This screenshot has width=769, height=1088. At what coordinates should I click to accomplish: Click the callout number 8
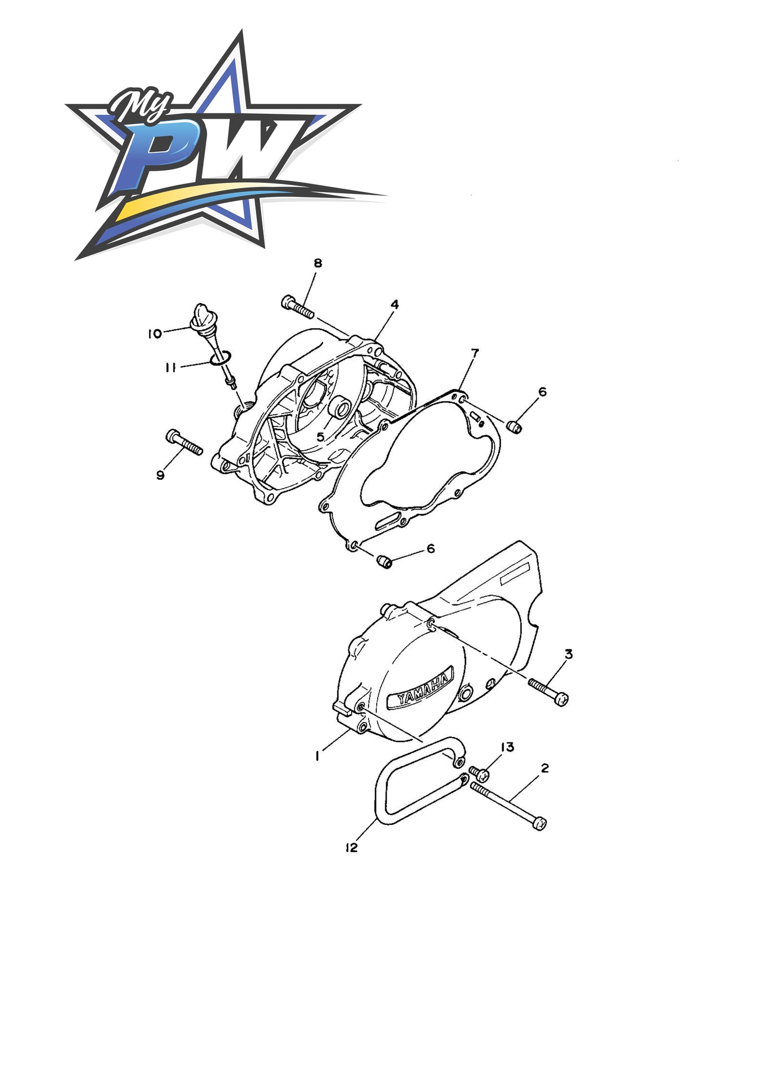(x=318, y=263)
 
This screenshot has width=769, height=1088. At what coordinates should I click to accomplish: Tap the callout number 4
(x=394, y=305)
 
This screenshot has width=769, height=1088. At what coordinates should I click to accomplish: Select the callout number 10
(x=154, y=334)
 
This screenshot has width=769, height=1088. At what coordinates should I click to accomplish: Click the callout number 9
(x=160, y=476)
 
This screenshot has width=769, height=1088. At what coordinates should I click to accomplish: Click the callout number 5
(x=320, y=437)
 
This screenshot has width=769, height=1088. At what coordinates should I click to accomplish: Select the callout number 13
(x=507, y=747)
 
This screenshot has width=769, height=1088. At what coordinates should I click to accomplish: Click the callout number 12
(x=351, y=848)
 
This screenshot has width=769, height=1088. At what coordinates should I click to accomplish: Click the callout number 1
(x=318, y=756)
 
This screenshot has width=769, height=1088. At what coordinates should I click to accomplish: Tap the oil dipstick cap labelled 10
(x=198, y=314)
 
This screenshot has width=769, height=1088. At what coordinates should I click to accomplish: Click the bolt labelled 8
(x=298, y=307)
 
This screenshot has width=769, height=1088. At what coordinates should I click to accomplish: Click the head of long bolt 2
(x=540, y=823)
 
